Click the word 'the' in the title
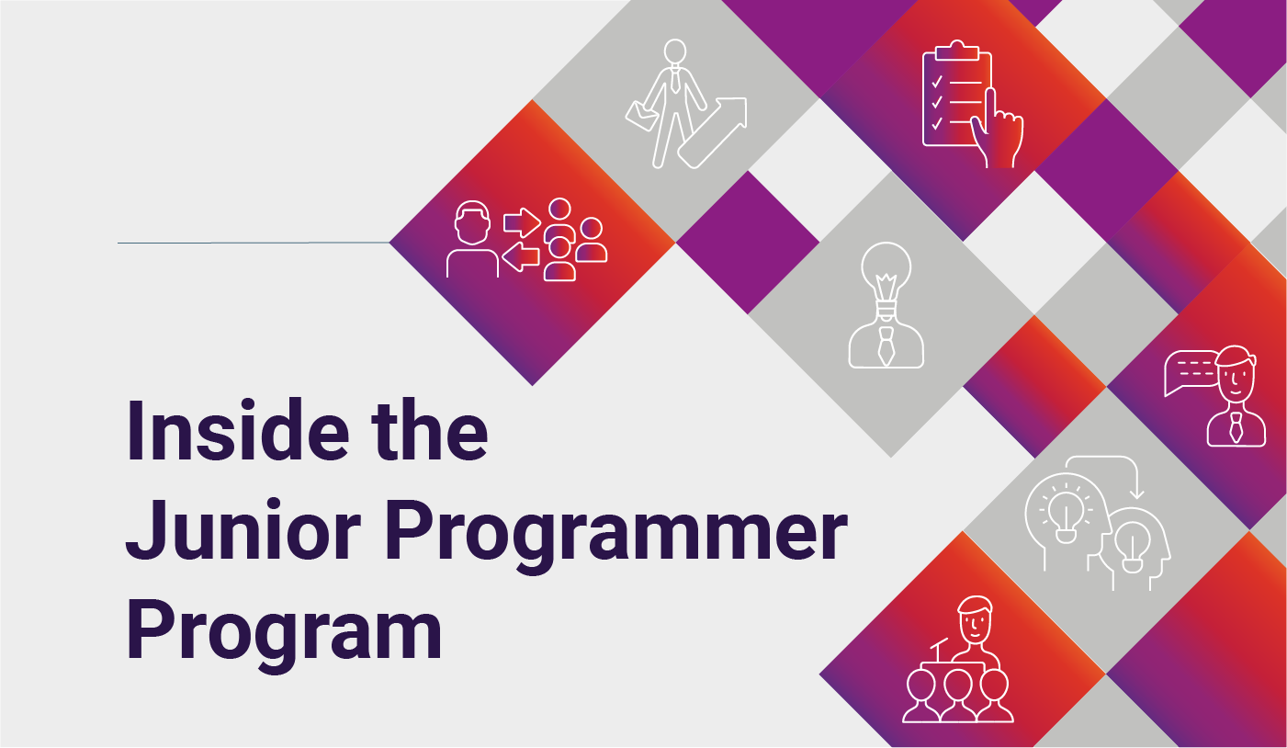430,429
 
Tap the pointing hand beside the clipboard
998,130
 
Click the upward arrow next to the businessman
713,133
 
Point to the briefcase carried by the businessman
642,116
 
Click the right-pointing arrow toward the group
522,222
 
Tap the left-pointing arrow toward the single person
521,256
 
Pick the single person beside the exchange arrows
472,239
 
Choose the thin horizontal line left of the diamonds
254,243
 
